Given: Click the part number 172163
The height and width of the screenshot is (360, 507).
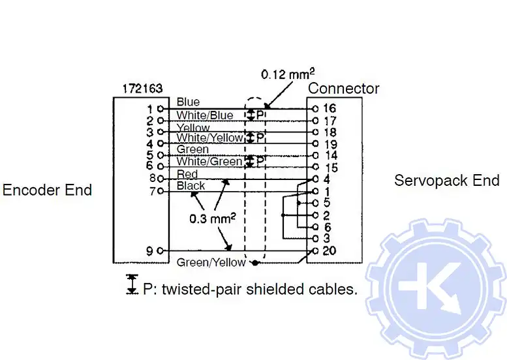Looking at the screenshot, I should pyautogui.click(x=138, y=88).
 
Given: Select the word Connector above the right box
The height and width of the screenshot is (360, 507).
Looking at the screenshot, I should pyautogui.click(x=343, y=88).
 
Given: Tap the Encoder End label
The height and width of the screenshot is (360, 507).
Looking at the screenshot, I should pyautogui.click(x=47, y=190).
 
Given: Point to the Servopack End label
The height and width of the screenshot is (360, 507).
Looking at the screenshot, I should pyautogui.click(x=446, y=181).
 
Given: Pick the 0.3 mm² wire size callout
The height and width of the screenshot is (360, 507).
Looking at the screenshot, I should pyautogui.click(x=213, y=218).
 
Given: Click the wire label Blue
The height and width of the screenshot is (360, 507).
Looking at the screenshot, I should pyautogui.click(x=188, y=102).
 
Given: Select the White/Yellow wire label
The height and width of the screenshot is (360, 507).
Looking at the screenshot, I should pyautogui.click(x=209, y=138).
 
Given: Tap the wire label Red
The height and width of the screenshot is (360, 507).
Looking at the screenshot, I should pyautogui.click(x=187, y=174).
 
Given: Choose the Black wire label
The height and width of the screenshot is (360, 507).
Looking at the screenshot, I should pyautogui.click(x=191, y=186).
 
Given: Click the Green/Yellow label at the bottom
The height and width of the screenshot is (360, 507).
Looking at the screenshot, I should pyautogui.click(x=211, y=262).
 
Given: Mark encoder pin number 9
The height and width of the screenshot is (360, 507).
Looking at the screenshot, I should pyautogui.click(x=150, y=250).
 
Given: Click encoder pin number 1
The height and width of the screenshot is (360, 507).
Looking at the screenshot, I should pyautogui.click(x=149, y=108).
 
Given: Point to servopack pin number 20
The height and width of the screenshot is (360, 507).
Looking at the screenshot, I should pyautogui.click(x=330, y=251).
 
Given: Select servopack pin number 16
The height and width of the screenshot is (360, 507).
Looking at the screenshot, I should pyautogui.click(x=330, y=108).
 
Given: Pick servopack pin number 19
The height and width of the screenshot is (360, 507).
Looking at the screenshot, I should pyautogui.click(x=330, y=143).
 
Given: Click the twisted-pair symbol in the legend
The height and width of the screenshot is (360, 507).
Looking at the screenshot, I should pyautogui.click(x=132, y=284).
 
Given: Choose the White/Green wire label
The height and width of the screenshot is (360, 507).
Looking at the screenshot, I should pyautogui.click(x=209, y=161).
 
